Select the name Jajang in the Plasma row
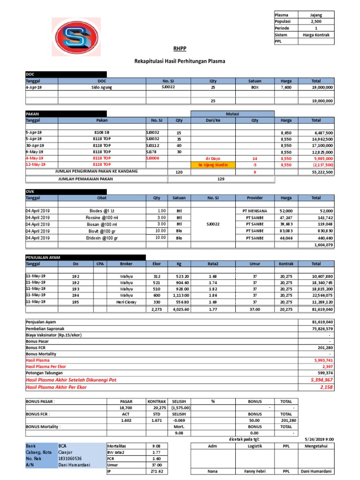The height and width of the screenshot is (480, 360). click(x=316, y=15)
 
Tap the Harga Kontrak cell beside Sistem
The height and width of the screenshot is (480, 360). click(x=316, y=35)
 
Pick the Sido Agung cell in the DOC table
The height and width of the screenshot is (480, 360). click(x=102, y=87)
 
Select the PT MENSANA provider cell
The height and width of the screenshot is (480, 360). click(x=255, y=211)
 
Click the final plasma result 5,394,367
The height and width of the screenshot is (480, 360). click(x=322, y=380)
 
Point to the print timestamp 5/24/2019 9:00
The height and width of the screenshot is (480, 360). click(x=318, y=439)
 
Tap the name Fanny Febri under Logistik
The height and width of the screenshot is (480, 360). click(x=255, y=471)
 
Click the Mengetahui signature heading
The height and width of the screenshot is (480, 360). click(x=316, y=446)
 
